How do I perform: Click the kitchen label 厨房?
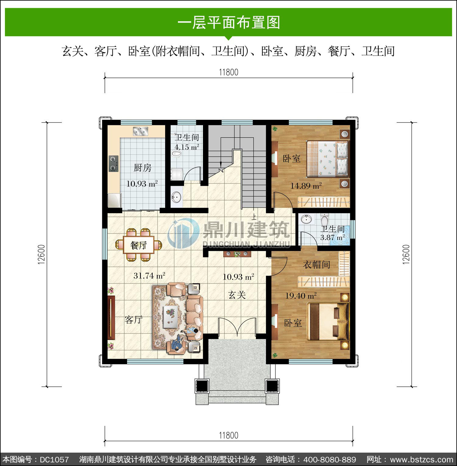pos(143,168)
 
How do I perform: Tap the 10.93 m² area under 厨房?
pos(142,184)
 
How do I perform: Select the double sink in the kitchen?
pos(140,131)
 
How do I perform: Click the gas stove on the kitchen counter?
pos(114,164)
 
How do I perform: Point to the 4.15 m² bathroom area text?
pos(187,147)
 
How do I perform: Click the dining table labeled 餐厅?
pos(139,245)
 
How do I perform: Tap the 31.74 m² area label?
pos(149,276)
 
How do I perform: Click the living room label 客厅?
pos(133,320)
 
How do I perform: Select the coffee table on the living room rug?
pos(171,316)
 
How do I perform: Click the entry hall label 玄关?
pos(237,295)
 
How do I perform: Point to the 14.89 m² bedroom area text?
pos(306,186)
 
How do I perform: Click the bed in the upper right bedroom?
pos(327,158)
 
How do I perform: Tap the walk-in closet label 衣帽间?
pos(316,264)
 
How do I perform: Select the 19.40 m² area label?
pos(301,295)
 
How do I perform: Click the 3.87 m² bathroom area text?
pos(332,238)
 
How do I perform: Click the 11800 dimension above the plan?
pos(228,72)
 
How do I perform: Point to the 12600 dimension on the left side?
pos(42,255)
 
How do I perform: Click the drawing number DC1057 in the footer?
pos(54,459)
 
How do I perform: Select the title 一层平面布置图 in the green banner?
pos(228,22)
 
